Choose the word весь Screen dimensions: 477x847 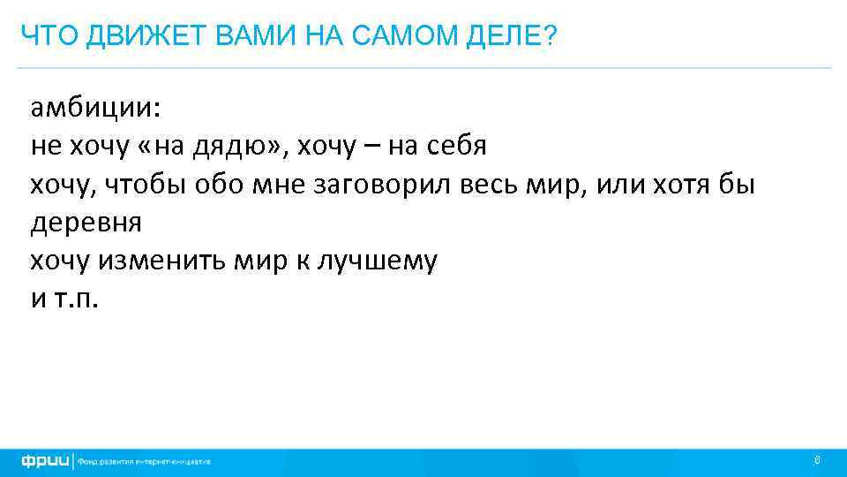coord(496,185)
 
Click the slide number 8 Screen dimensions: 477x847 coord(818,460)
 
